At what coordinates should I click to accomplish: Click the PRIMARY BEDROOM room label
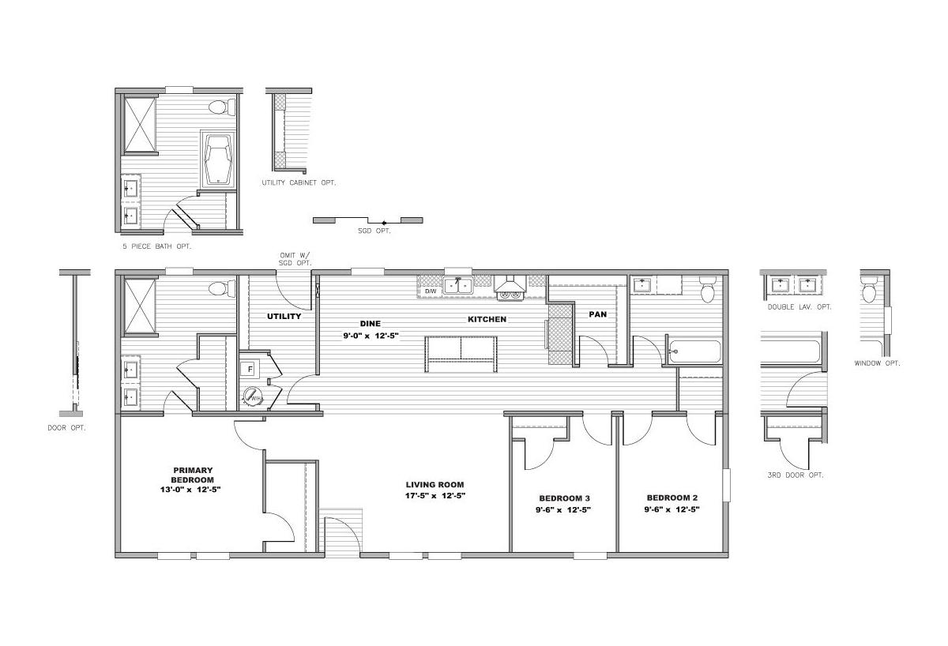click(192, 475)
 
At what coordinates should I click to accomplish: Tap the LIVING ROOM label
click(434, 485)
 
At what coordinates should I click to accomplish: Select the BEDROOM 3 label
click(564, 498)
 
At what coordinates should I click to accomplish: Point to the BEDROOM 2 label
click(672, 498)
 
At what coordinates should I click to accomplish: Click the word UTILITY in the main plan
click(284, 317)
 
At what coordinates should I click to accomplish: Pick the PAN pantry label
click(597, 314)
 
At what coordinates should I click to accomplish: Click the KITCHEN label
click(487, 319)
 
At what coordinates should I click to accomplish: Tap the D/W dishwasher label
click(431, 291)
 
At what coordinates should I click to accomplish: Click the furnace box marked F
click(250, 370)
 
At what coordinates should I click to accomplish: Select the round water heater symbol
click(253, 396)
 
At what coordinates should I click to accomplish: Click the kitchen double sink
click(458, 287)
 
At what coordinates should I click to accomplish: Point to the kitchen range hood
click(510, 284)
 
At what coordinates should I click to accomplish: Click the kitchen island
click(461, 354)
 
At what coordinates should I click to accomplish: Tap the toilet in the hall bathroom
click(708, 289)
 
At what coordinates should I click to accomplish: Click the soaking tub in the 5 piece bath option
click(218, 159)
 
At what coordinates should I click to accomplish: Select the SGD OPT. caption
click(374, 231)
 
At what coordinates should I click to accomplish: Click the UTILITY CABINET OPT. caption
click(299, 182)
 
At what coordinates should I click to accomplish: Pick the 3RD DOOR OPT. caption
click(796, 475)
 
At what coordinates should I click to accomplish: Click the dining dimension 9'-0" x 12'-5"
click(371, 336)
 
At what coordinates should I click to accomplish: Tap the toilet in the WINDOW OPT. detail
click(869, 290)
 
